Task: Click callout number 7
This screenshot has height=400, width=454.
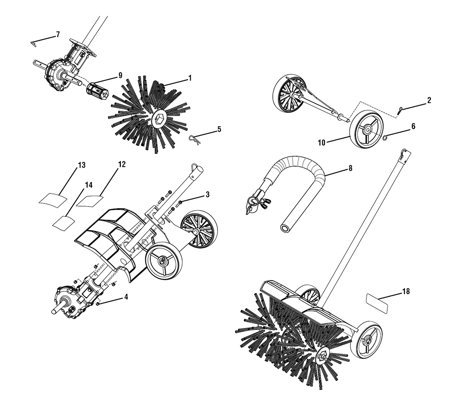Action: [x=58, y=35]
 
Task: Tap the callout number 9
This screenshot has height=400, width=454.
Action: [x=120, y=75]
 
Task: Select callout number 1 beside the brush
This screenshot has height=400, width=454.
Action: [x=190, y=78]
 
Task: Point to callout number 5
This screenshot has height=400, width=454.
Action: [x=219, y=129]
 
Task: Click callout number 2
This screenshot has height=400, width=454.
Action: [x=429, y=100]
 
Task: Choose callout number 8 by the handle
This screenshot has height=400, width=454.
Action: [x=350, y=168]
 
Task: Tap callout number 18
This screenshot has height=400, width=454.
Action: [x=406, y=291]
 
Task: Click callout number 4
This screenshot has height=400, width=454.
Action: [x=126, y=297]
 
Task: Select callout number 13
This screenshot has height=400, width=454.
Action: [x=82, y=165]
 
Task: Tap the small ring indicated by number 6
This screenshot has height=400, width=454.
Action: [x=385, y=138]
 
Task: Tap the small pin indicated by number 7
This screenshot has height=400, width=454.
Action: [x=34, y=43]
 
